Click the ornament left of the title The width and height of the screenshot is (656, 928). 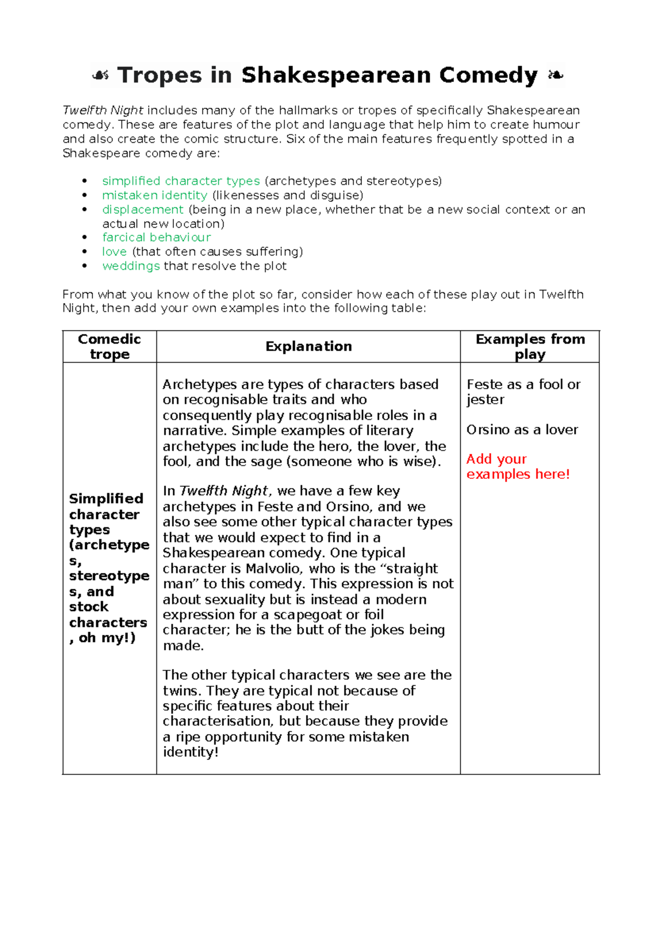[101, 76]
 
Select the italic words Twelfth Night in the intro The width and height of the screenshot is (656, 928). [103, 111]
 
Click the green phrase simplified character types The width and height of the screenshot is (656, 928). [181, 181]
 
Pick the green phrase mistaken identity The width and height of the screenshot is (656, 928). [155, 195]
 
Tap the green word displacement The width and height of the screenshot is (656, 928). [143, 210]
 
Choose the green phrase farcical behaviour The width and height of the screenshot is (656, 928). [156, 237]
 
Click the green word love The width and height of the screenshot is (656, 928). [114, 252]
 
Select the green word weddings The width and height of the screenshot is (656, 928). [131, 266]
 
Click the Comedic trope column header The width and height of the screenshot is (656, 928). [109, 346]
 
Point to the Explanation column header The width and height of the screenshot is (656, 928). [308, 346]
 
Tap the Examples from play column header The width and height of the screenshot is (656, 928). [530, 346]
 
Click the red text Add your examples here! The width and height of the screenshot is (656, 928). [517, 467]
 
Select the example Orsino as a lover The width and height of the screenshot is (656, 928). [522, 430]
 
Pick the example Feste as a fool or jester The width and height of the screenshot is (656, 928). [523, 392]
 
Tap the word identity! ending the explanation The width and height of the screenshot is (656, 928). [190, 752]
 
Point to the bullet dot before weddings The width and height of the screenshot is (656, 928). [84, 266]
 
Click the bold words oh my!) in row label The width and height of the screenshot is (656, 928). [107, 638]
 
